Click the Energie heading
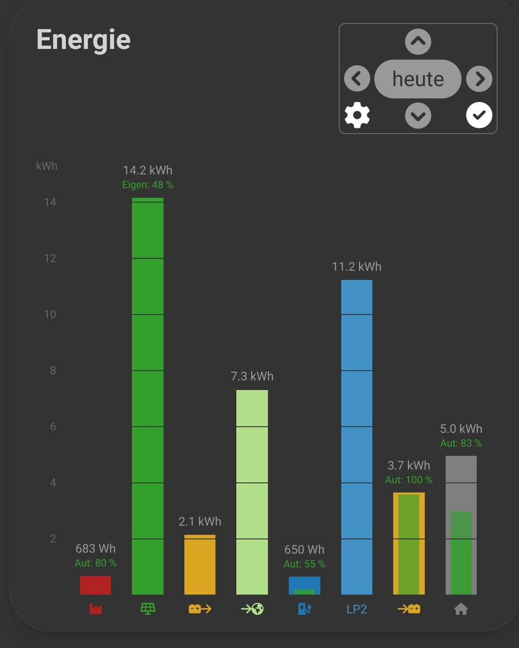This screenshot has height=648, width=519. pos(84,40)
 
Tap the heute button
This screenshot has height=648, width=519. pos(418,79)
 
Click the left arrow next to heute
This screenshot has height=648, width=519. pos(357,79)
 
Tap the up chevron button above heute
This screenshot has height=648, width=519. pos(418,42)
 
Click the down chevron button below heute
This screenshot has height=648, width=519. pos(418,116)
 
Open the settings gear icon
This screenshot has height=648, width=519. pos(357,115)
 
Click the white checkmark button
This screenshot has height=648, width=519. pos(479,115)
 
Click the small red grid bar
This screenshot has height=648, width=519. pos(95,585)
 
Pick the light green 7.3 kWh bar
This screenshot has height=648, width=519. pos(252,492)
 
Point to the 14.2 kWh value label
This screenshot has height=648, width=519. pos(148,170)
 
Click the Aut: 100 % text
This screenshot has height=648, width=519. pos(409,480)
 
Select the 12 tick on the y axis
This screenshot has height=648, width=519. pos(50,258)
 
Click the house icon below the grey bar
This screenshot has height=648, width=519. pos(461,609)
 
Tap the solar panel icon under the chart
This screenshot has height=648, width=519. pos(148,609)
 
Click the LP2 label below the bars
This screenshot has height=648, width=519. pos(357,609)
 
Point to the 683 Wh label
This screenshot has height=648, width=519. pos(96,549)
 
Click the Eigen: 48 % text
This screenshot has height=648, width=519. pos(148,185)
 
